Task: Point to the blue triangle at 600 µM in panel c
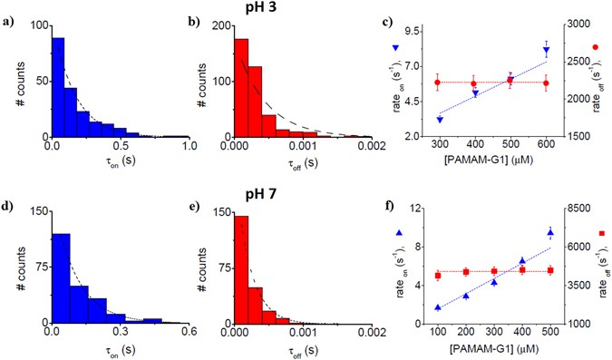546,51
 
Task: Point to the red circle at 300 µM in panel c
439,83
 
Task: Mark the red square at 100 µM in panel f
438,276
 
